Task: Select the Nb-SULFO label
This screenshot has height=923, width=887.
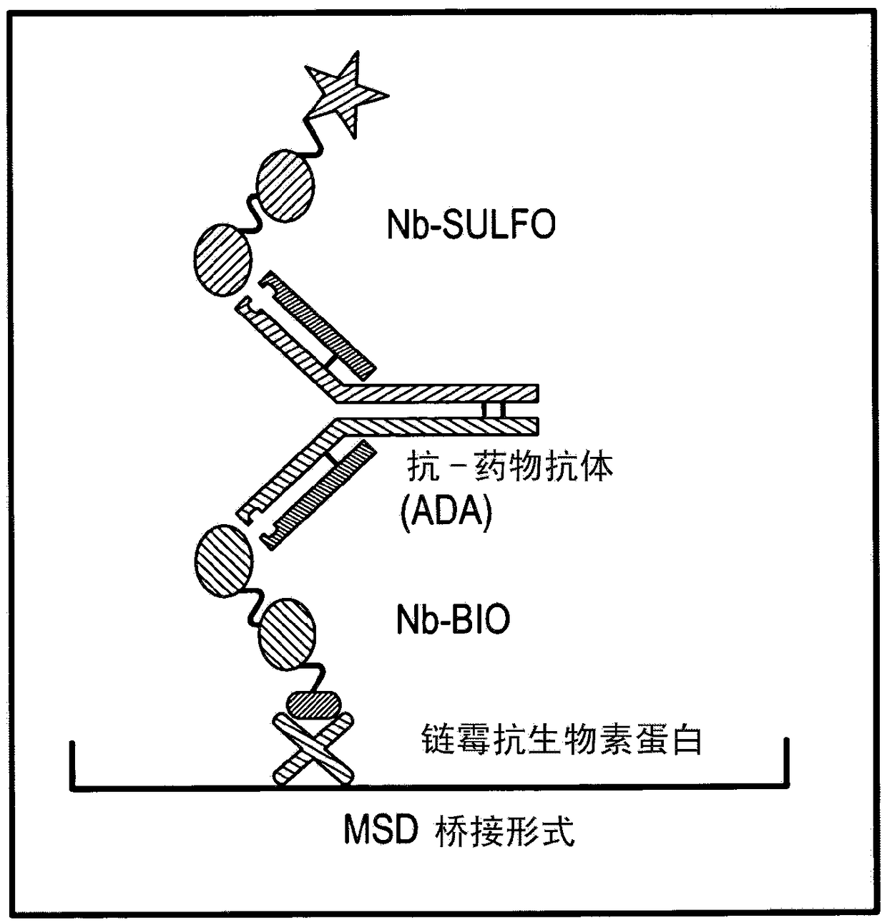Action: pos(471,224)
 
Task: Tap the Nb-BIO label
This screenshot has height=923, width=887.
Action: pos(453,618)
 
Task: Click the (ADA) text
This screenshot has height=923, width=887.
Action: pos(446,512)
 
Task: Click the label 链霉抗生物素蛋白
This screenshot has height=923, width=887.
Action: pos(562,739)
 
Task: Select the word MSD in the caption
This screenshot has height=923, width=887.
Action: pos(381,831)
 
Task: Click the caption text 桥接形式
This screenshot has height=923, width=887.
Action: pos(505,832)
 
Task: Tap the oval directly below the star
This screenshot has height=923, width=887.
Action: pos(285,183)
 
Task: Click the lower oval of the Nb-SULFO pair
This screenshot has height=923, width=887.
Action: pos(222,259)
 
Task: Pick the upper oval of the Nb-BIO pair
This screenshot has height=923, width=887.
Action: pos(223,561)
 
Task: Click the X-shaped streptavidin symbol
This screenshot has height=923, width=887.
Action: pos(313,748)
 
